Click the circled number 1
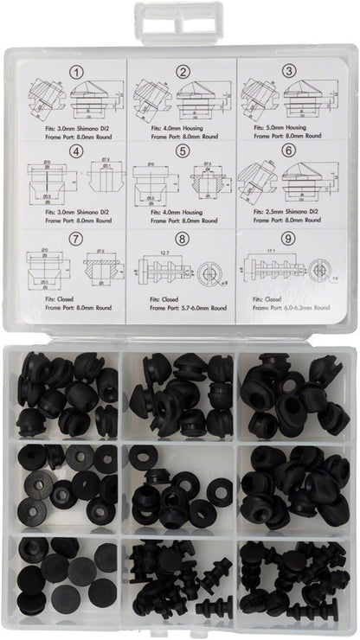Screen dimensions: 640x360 click(76, 72)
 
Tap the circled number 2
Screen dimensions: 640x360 click(183, 72)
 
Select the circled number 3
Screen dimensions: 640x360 click(290, 72)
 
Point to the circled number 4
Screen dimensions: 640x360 click(76, 153)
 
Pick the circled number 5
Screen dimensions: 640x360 click(183, 153)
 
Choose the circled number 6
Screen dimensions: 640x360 click(290, 153)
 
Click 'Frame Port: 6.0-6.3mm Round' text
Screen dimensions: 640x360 click(285, 306)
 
